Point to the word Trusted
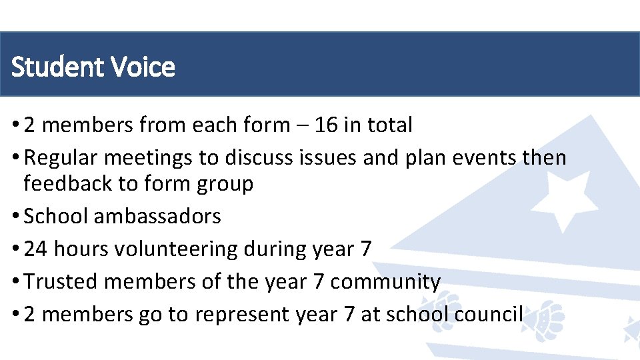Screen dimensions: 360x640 tap(61, 281)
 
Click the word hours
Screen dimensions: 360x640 tap(81, 249)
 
